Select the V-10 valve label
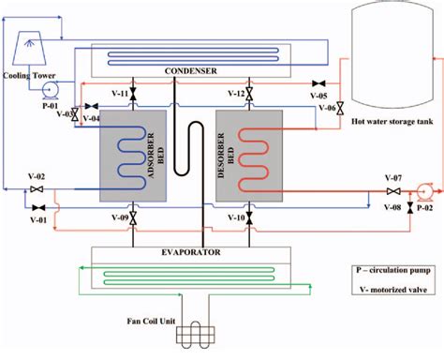click(236, 217)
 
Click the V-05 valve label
click(319, 95)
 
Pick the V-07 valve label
click(393, 178)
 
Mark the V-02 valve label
click(37, 177)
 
